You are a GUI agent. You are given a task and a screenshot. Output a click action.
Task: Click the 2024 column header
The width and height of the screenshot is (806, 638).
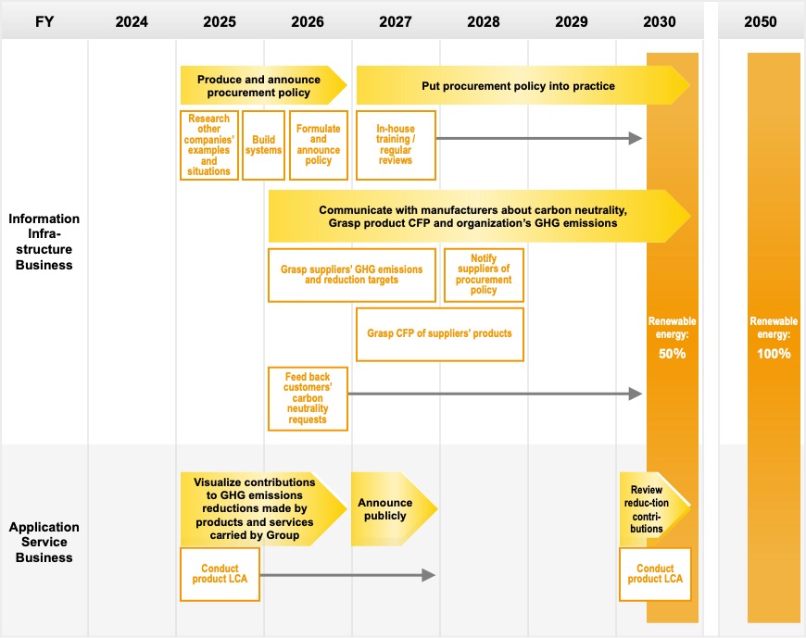(132, 21)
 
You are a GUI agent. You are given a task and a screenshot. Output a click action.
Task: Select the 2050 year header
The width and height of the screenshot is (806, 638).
(761, 21)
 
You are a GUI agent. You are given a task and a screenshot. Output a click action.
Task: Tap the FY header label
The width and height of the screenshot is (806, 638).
(44, 21)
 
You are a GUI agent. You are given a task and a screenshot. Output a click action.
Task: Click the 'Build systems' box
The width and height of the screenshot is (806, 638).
(263, 145)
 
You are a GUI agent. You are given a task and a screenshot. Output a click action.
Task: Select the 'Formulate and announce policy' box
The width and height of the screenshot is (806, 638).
(318, 145)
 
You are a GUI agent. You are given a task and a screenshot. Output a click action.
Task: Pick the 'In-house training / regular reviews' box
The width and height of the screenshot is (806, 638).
(396, 145)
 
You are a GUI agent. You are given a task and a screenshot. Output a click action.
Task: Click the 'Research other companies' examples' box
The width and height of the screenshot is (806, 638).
(209, 145)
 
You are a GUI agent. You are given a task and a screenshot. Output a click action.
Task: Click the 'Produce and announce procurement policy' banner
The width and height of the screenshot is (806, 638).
(263, 85)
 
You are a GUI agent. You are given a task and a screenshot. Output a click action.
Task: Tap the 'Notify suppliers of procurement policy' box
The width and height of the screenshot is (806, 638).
(484, 275)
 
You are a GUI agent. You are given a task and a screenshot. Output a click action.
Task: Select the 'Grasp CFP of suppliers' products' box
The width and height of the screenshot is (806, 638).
(439, 334)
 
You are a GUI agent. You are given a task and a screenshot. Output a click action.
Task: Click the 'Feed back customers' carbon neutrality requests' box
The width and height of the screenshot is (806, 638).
(308, 398)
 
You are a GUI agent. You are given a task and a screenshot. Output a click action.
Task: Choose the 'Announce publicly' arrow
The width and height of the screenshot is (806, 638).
(394, 509)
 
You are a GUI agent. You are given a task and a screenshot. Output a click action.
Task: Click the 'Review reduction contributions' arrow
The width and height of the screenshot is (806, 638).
(654, 509)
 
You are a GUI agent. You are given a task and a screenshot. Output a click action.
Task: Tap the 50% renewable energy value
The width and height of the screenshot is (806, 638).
(672, 354)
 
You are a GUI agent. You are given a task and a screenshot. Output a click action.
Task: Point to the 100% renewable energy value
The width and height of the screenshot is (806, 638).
(774, 354)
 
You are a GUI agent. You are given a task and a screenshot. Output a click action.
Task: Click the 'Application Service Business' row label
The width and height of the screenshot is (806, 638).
(44, 542)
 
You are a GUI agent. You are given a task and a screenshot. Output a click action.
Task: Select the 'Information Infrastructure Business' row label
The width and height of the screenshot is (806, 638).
(44, 242)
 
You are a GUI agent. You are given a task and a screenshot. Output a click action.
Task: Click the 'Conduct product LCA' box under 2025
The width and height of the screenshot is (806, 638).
(220, 574)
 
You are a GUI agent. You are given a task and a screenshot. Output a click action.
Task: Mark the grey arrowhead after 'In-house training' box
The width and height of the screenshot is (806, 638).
(636, 138)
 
